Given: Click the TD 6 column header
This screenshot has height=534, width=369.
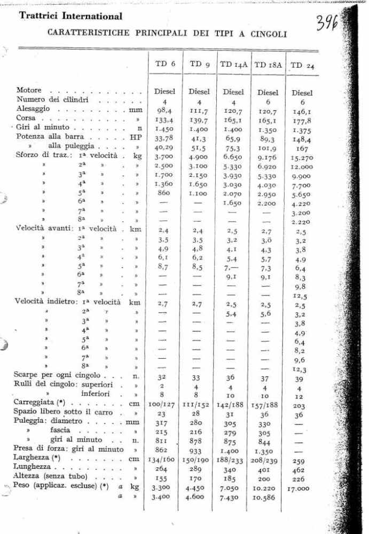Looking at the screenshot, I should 165,64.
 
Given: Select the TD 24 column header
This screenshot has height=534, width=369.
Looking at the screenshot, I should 302,66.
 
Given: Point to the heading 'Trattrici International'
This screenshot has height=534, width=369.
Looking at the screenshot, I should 70,17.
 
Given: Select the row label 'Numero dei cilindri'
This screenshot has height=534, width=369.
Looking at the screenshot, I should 52,99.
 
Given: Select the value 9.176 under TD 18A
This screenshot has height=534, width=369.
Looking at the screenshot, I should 268,157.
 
